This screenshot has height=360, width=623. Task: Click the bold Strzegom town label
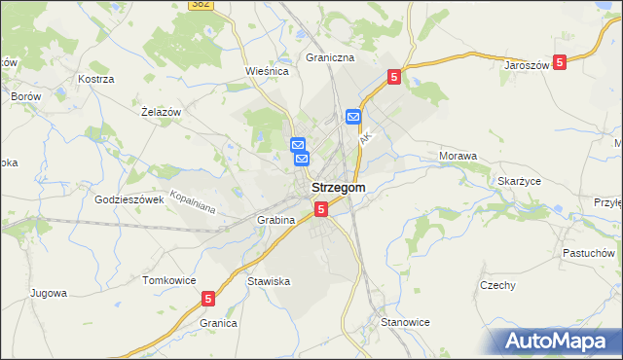click(339, 188)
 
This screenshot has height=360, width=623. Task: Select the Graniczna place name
click(329, 57)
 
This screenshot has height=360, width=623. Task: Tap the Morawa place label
click(458, 156)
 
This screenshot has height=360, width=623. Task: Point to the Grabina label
click(275, 220)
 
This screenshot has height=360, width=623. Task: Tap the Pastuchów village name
click(588, 252)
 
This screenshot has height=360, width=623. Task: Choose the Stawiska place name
click(269, 281)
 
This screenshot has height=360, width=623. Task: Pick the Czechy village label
click(497, 285)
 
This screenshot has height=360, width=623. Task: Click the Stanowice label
click(405, 321)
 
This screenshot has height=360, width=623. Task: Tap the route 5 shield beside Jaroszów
click(560, 61)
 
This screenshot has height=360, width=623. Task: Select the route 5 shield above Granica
click(208, 300)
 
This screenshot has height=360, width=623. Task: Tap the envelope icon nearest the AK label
click(352, 117)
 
